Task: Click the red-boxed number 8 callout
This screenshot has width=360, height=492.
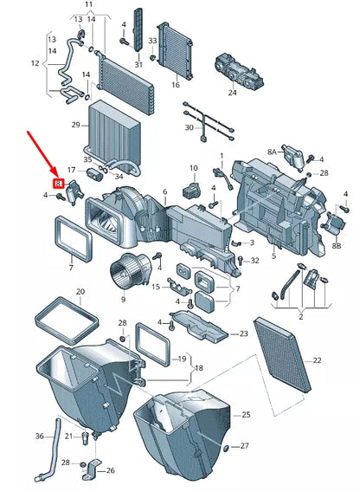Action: tap(59, 184)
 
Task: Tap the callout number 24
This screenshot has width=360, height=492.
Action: tap(232, 93)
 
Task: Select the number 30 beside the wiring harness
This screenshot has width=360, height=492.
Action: tap(190, 127)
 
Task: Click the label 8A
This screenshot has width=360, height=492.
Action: tap(273, 152)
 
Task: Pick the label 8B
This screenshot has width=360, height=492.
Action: tap(336, 246)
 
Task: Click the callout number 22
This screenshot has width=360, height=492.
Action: tap(317, 360)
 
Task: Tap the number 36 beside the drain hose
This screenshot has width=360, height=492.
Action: tap(39, 437)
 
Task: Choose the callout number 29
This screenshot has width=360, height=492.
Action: tap(76, 125)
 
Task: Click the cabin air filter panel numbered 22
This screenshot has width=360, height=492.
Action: tap(281, 353)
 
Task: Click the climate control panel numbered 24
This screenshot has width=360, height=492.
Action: tap(239, 72)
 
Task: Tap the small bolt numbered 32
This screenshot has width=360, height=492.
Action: tap(241, 261)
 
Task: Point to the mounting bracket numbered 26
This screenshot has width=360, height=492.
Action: tap(91, 470)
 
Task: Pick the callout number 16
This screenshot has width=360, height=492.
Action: tap(176, 85)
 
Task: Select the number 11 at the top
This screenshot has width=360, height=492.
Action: tap(89, 4)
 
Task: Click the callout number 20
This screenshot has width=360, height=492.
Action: tap(80, 292)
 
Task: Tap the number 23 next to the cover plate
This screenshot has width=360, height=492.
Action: tap(244, 333)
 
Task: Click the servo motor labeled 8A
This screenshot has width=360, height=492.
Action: tap(292, 158)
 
